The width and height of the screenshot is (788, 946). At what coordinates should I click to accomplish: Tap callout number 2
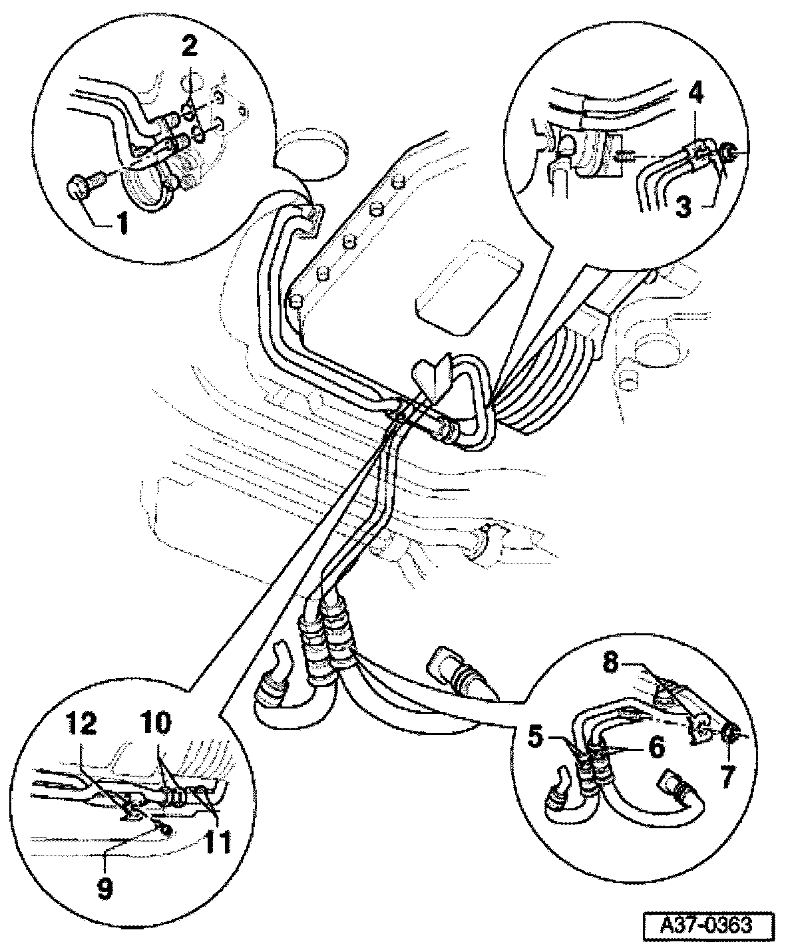[189, 47]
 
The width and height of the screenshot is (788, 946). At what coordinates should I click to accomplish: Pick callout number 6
[656, 748]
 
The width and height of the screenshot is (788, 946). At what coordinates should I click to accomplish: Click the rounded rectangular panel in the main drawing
[465, 287]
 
